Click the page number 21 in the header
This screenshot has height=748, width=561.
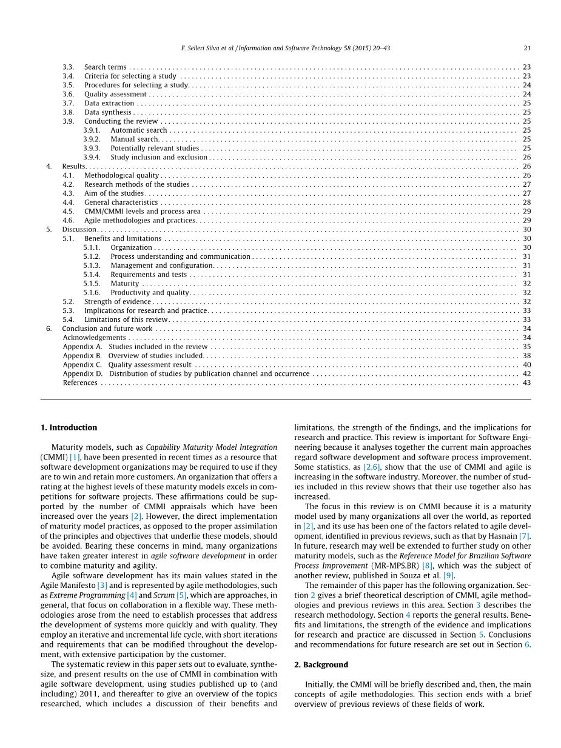526,48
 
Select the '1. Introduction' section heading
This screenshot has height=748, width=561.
69,427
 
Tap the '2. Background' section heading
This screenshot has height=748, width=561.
321,664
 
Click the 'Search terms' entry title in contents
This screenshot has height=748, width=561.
106,67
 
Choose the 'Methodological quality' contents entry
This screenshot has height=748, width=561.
121,175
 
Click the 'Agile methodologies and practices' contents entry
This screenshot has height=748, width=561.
139,220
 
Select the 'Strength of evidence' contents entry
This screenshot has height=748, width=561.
118,301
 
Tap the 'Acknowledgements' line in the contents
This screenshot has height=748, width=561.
95,338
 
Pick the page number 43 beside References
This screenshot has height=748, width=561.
526,382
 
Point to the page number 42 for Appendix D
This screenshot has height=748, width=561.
526,373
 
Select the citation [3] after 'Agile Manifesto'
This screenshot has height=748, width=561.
102,586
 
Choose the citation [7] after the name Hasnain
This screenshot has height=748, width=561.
525,536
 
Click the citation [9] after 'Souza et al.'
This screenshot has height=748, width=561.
448,575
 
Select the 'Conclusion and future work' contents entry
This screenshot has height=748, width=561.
107,329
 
